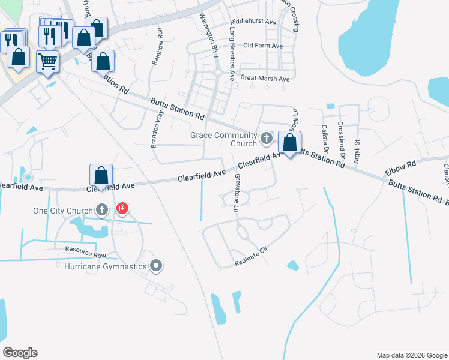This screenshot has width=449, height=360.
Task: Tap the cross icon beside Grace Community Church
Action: pyautogui.click(x=267, y=140)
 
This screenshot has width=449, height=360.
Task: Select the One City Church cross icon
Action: pyautogui.click(x=103, y=210)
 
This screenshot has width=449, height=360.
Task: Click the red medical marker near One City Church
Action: pyautogui.click(x=122, y=209)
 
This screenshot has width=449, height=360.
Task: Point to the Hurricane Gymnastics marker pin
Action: pyautogui.click(x=157, y=266)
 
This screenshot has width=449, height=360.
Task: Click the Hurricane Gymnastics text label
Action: pyautogui.click(x=107, y=266)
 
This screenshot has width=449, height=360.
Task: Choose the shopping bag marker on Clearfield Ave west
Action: pyautogui.click(x=101, y=176)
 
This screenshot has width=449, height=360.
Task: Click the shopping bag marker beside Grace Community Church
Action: pyautogui.click(x=290, y=143)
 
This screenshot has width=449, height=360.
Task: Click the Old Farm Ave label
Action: pyautogui.click(x=263, y=46)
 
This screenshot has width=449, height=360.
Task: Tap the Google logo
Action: pyautogui.click(x=20, y=352)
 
